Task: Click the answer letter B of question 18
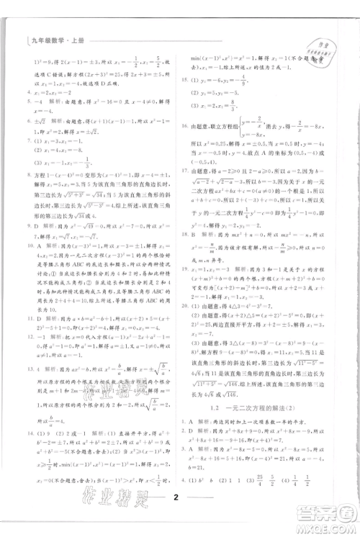pos(195,234)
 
